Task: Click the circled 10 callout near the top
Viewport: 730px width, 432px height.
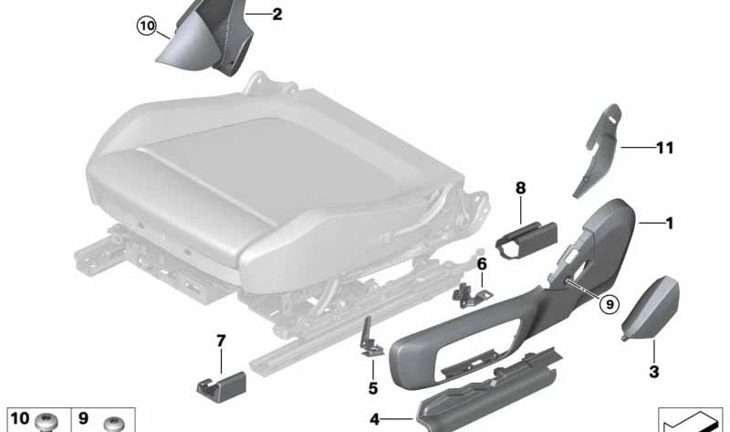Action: coord(146,26)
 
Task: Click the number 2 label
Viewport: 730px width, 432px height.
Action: coord(277,14)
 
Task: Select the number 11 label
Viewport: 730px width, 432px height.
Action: coord(665,148)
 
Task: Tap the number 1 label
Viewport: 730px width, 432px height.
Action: coord(670,223)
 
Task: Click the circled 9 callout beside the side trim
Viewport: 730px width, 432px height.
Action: coord(610,304)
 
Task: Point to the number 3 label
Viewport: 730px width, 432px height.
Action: coord(654,372)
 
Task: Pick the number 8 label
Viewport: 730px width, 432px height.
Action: coord(520,188)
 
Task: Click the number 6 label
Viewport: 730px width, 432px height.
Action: coord(482,264)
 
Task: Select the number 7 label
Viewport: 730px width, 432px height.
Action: coord(221,341)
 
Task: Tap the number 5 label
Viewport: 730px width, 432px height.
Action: coord(373,388)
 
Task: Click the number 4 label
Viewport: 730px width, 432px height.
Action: coord(375,419)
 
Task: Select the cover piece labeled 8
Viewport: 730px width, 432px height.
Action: coord(527,239)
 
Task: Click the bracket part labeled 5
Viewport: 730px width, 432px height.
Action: coord(371,338)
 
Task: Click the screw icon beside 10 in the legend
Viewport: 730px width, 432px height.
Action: coord(47,422)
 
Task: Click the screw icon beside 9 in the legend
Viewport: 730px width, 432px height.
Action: coord(114,424)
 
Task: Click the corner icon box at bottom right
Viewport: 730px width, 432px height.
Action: coord(690,419)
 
